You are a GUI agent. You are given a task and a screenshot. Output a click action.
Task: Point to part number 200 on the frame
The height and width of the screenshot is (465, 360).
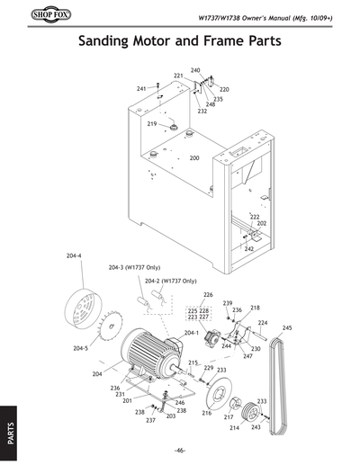[193, 158]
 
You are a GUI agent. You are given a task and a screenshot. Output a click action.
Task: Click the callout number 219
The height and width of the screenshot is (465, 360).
[152, 123]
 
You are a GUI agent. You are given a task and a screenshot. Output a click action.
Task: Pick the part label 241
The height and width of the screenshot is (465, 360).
[141, 89]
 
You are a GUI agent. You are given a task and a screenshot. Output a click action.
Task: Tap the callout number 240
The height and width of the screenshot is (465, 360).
[195, 69]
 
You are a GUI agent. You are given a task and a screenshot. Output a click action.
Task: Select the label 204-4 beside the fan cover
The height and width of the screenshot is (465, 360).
[74, 256]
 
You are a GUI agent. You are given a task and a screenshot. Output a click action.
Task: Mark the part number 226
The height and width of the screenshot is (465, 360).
[208, 294]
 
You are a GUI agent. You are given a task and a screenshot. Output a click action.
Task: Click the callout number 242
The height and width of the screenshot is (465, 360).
[249, 248]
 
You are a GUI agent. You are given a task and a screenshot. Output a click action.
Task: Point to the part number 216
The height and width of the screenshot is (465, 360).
[206, 413]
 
